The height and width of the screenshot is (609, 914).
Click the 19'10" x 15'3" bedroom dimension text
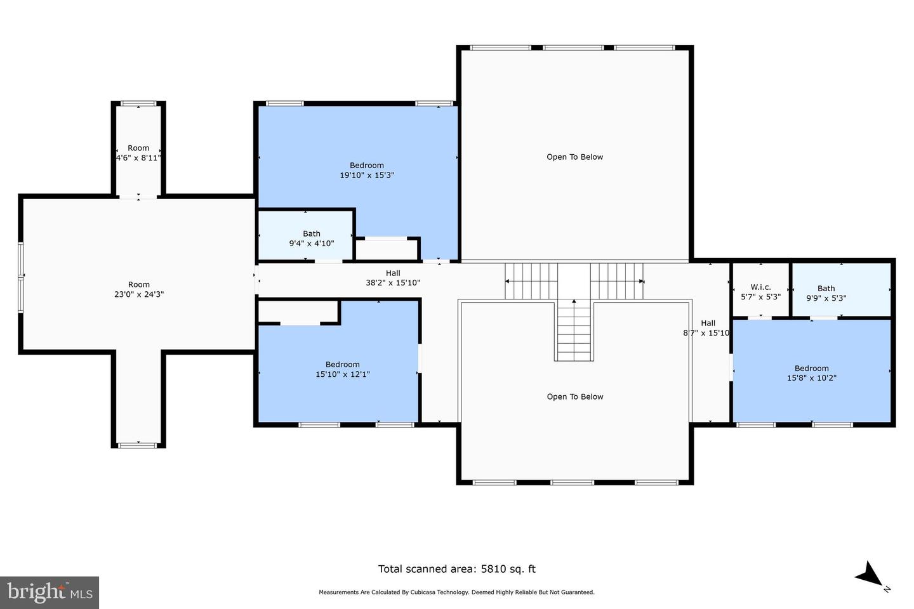367,175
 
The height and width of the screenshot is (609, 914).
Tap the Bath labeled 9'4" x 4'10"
311,239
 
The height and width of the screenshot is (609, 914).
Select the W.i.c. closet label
760,287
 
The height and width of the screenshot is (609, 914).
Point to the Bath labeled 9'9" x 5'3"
826,293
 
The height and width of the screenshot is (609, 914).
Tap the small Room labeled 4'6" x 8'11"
138,153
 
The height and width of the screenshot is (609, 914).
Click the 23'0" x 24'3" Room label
139,290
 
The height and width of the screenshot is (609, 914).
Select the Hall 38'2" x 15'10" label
393,278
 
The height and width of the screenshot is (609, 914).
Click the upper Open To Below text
574,157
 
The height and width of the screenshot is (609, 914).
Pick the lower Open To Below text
575,397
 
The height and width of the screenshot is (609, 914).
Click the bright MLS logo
50,593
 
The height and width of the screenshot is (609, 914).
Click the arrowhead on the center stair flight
574,301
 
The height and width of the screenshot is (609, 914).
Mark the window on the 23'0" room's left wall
20,278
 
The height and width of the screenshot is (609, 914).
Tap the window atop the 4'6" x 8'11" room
138,103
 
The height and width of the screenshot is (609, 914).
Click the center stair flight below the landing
574,331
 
